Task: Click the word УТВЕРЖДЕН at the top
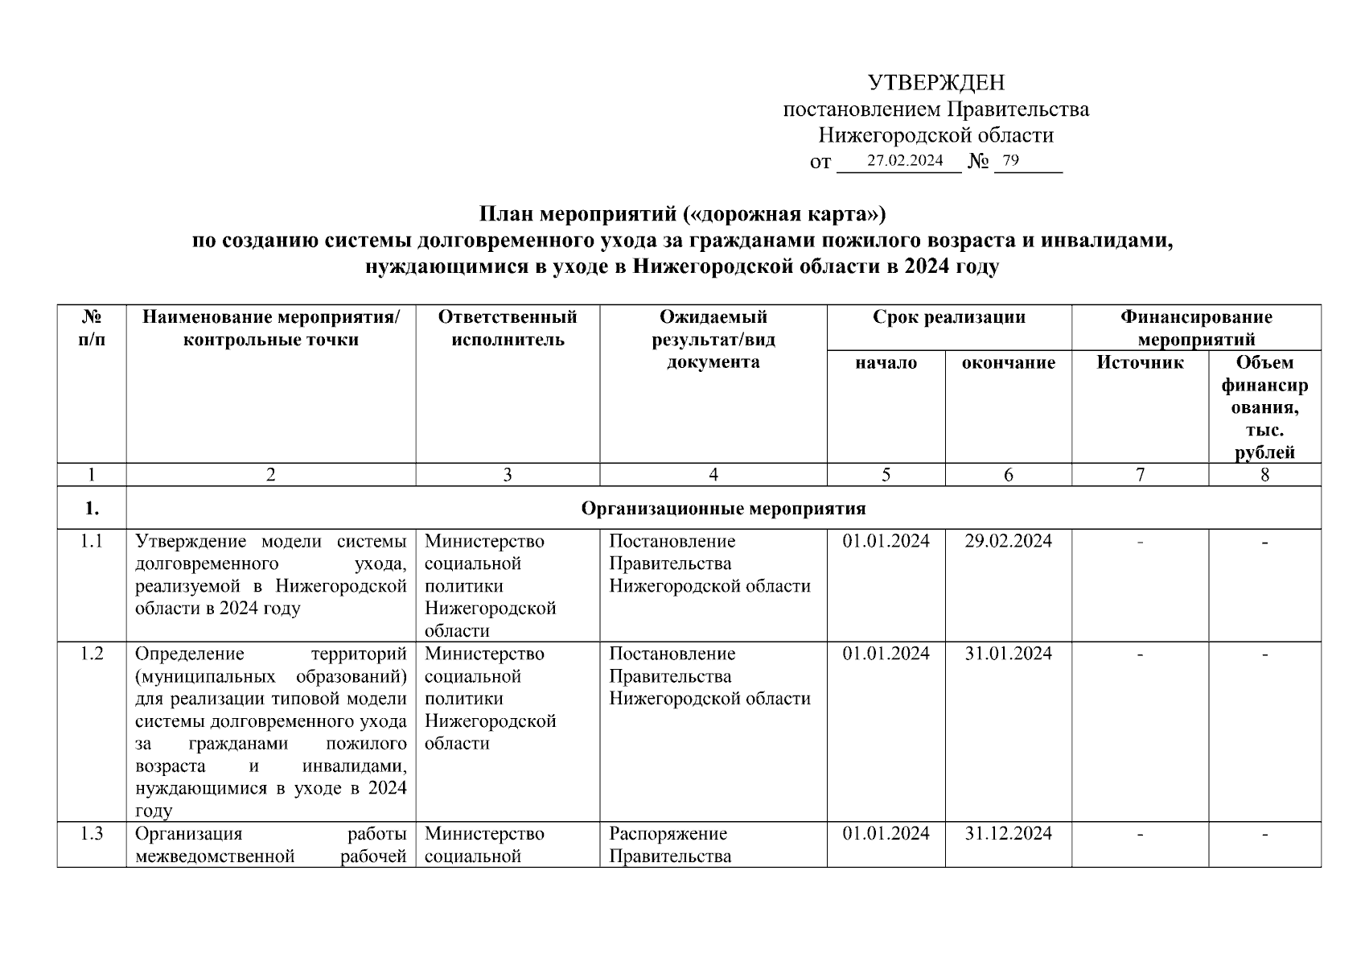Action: [935, 83]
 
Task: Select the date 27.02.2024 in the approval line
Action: [905, 161]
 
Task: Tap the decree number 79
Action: [1011, 161]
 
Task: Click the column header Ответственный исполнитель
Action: [508, 328]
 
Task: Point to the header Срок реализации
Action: [949, 317]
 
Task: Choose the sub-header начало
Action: [886, 363]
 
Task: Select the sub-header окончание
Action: [1008, 363]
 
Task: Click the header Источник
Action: [1140, 363]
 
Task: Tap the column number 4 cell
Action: [713, 475]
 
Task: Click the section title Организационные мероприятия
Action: [722, 509]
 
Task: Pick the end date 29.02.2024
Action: [1008, 541]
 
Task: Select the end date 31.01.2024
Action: [1008, 654]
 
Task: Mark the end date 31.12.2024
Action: [1008, 833]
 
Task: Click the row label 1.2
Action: [92, 654]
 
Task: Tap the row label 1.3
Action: [92, 833]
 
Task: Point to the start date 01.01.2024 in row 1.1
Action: [886, 541]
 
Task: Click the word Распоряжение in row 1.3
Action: [668, 833]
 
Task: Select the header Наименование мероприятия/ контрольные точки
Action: [270, 328]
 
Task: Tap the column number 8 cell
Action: [1264, 475]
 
